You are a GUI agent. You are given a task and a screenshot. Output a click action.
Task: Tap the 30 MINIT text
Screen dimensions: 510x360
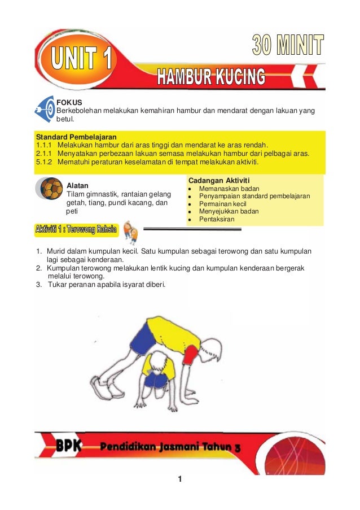[287, 46]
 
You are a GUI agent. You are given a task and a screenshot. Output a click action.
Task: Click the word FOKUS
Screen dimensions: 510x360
[68, 102]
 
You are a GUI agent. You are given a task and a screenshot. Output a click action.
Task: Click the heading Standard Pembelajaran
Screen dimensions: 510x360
[76, 137]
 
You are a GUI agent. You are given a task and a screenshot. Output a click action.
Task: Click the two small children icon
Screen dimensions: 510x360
[130, 230]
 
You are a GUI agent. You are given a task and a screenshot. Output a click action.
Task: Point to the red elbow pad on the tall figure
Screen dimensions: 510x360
[191, 355]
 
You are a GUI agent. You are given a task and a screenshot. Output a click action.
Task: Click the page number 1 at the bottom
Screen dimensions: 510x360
[179, 480]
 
